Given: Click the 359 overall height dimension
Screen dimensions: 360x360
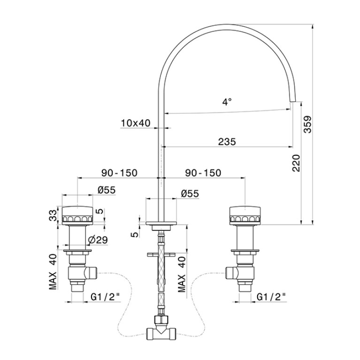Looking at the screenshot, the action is (307, 124).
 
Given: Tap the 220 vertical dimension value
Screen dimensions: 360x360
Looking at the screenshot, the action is (296, 163).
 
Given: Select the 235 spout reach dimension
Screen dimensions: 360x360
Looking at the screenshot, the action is (227, 142).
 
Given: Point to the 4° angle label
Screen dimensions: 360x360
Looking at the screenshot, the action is (227, 101).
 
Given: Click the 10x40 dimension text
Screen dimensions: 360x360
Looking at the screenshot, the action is (136, 123).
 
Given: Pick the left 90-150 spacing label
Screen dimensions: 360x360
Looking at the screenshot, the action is (119, 173).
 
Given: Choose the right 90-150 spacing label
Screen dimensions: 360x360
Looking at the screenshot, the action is (203, 173).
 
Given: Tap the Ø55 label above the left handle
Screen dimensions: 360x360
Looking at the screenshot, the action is (106, 190).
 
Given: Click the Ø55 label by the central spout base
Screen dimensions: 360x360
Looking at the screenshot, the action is (190, 193).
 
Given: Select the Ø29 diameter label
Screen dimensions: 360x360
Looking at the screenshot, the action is (98, 240).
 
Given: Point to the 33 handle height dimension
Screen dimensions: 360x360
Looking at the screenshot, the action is (53, 215).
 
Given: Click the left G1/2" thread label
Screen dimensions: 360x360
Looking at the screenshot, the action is (106, 297).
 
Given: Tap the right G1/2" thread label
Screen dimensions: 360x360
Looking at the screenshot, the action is (271, 297).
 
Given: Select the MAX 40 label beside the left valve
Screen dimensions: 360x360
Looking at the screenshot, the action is (53, 272).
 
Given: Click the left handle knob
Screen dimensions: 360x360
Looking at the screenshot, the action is (77, 215).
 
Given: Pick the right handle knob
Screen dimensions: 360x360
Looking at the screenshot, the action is (245, 215).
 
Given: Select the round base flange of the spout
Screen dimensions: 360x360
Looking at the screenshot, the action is (161, 223).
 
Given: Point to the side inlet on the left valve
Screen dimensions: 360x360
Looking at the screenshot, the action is (91, 273).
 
